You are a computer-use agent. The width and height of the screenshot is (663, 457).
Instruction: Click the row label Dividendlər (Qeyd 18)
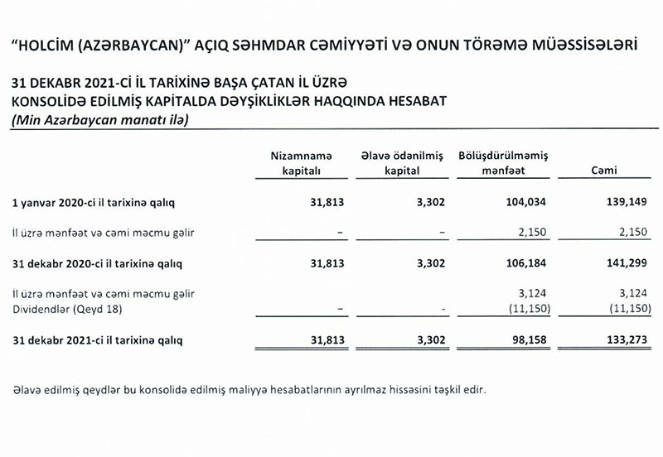click(x=63, y=309)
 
